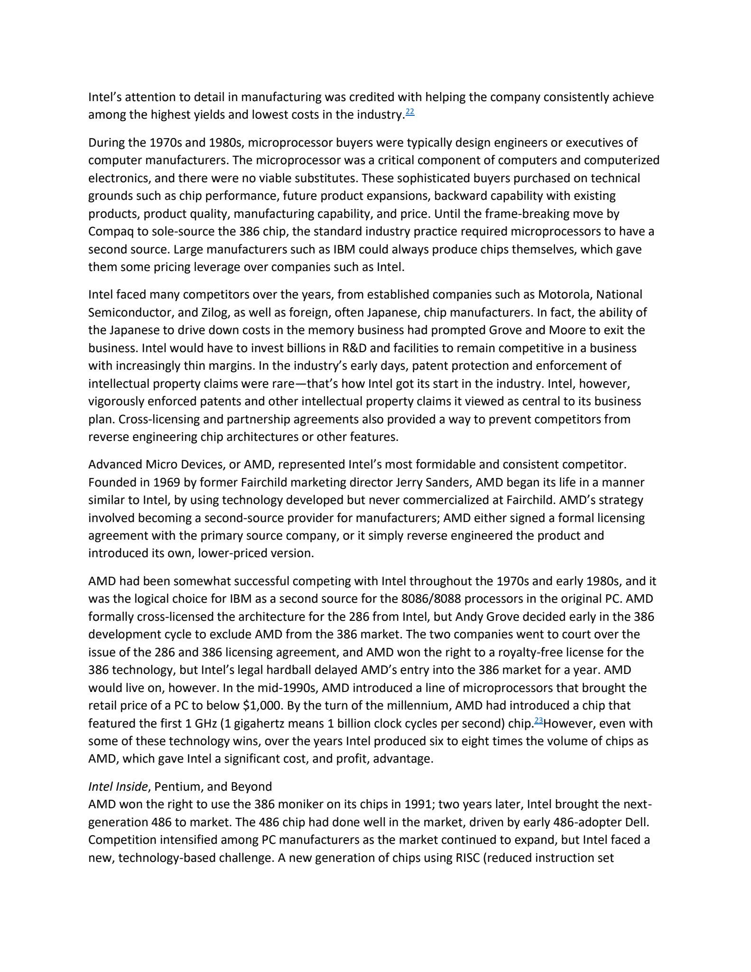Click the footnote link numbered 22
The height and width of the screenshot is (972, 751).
[410, 112]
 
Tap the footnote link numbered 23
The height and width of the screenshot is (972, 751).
[538, 721]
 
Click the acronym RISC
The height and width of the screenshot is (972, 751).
[462, 858]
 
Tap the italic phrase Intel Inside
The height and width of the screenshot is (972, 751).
[118, 787]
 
